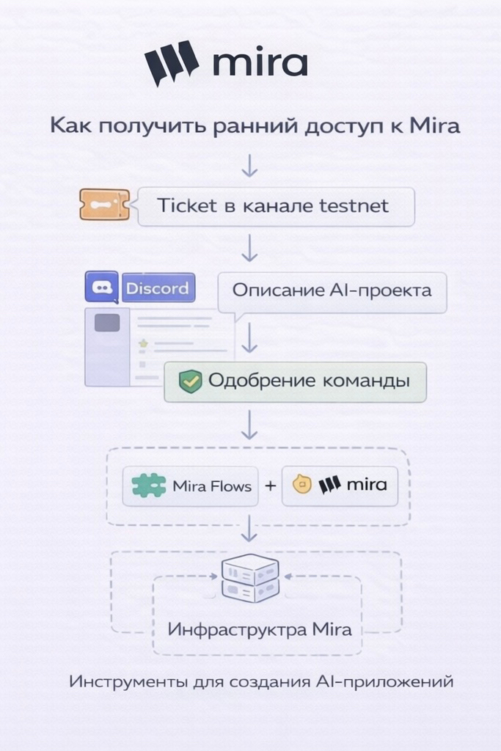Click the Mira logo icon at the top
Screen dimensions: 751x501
(x=172, y=62)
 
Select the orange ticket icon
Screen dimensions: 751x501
(x=104, y=205)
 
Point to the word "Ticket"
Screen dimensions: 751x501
(x=187, y=205)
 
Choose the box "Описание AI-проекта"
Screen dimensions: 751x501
(x=332, y=290)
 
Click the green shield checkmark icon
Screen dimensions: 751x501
(x=191, y=381)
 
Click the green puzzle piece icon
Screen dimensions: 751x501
(x=149, y=486)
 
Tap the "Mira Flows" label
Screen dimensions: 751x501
(x=212, y=486)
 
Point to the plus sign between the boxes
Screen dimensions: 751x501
(x=270, y=486)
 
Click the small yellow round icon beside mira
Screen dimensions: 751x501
(x=302, y=484)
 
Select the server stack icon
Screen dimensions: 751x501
(x=250, y=579)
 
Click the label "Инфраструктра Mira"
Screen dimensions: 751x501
(x=259, y=629)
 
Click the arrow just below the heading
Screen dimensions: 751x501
(x=250, y=165)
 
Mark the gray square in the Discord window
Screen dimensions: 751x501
(x=107, y=323)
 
